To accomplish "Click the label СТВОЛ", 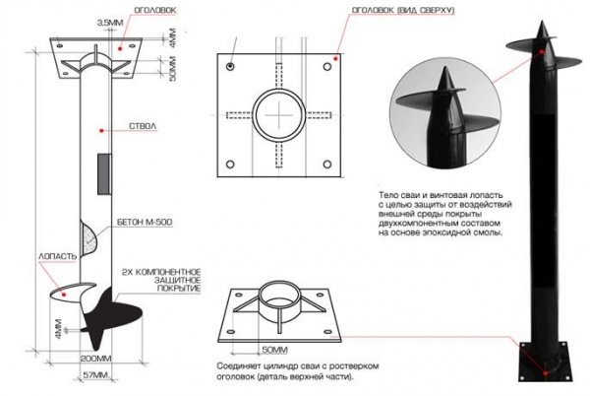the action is [143, 126].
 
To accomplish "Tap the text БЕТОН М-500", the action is [145, 223].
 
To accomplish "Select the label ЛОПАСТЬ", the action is [57, 256].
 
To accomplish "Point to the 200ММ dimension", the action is [96, 358].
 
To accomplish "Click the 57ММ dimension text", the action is [95, 375].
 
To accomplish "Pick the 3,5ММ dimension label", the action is [110, 23].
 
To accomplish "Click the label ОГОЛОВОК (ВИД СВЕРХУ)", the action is [402, 10].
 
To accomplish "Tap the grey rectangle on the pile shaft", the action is [104, 173].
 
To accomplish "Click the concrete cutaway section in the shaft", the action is [89, 238].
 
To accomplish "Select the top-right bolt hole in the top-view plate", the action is [327, 67].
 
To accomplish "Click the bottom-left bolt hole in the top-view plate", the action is [230, 165].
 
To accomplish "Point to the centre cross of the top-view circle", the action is [279, 114].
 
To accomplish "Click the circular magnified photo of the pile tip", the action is [445, 113].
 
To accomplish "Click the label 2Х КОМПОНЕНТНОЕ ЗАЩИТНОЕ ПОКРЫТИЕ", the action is [162, 281].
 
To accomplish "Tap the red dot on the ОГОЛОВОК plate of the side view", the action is [120, 48].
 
